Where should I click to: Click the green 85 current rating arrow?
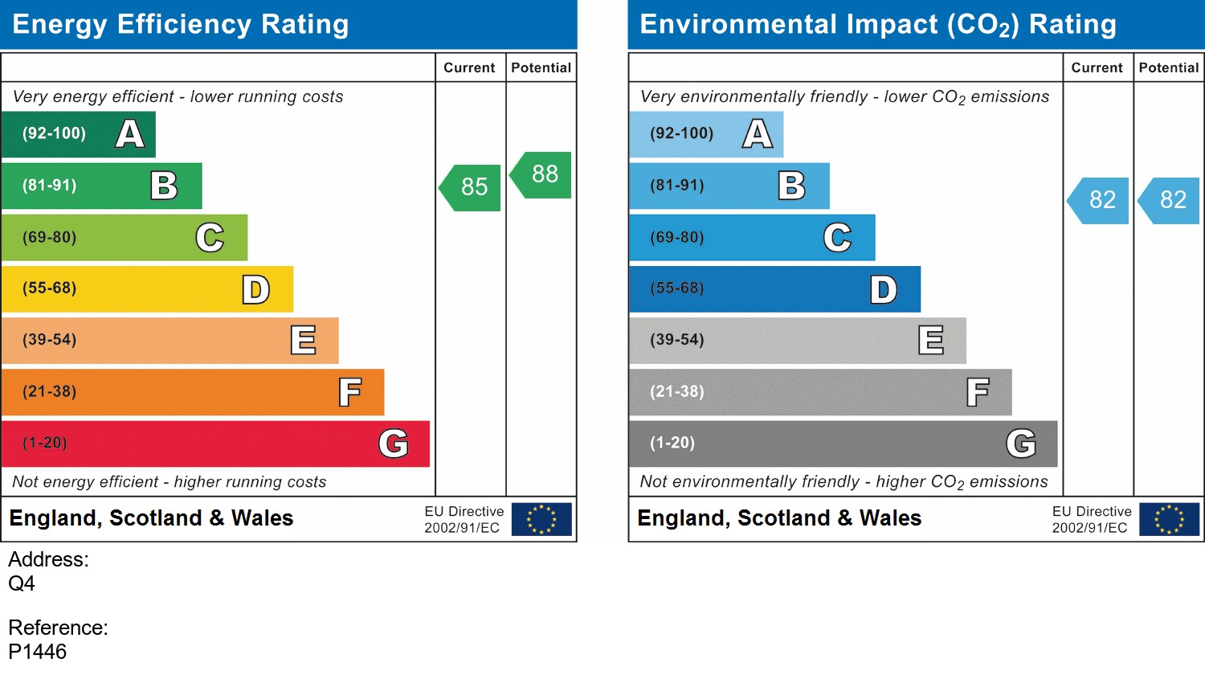pyautogui.click(x=472, y=188)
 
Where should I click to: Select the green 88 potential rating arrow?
pyautogui.click(x=542, y=174)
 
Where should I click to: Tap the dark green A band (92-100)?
pyautogui.click(x=78, y=134)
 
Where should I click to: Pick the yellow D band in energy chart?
pyautogui.click(x=147, y=289)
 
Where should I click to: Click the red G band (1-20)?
pyautogui.click(x=215, y=444)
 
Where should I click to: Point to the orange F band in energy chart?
pyautogui.click(x=193, y=392)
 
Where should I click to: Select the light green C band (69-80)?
pyautogui.click(x=125, y=238)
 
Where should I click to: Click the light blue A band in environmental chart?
pyautogui.click(x=705, y=134)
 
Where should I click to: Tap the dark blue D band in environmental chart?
pyautogui.click(x=774, y=289)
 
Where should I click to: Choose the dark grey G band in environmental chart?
pyautogui.click(x=843, y=444)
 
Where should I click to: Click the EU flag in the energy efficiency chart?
pyautogui.click(x=541, y=519)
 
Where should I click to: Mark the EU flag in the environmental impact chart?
pyautogui.click(x=1169, y=519)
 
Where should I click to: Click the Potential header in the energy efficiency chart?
pyautogui.click(x=541, y=67)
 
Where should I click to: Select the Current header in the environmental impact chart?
pyautogui.click(x=1097, y=67)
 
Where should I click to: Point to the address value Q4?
pyautogui.click(x=22, y=583)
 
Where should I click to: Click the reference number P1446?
pyautogui.click(x=38, y=652)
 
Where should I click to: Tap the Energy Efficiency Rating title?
pyautogui.click(x=181, y=24)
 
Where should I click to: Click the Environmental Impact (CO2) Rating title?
pyautogui.click(x=878, y=24)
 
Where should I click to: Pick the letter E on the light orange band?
pyautogui.click(x=303, y=341)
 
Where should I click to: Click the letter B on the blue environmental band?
pyautogui.click(x=791, y=186)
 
